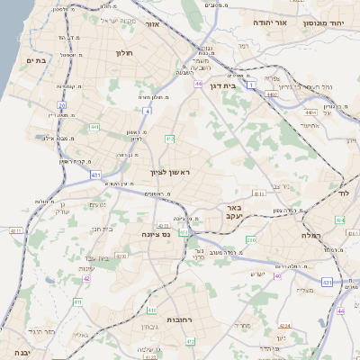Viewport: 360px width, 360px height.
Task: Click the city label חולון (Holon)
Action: point(124,53)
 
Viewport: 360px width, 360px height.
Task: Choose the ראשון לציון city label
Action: point(171,170)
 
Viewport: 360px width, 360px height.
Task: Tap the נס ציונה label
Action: point(156,234)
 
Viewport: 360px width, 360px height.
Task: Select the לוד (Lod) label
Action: point(343,193)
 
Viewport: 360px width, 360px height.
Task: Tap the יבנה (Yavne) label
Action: point(22,353)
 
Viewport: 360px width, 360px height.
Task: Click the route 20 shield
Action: point(61,105)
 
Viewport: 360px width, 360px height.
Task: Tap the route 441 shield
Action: point(94,128)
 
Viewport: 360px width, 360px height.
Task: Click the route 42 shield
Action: point(86,278)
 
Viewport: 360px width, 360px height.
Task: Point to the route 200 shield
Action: point(251,240)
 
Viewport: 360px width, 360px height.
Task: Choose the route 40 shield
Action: point(277,275)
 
